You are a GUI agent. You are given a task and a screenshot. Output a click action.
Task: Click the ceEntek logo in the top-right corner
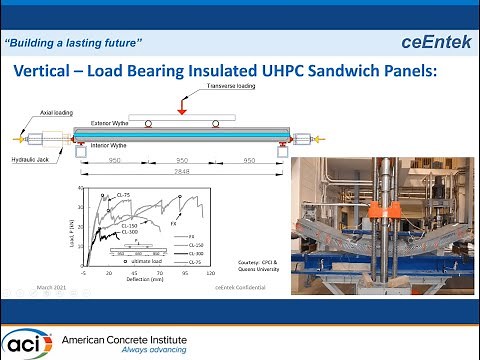point(433,42)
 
